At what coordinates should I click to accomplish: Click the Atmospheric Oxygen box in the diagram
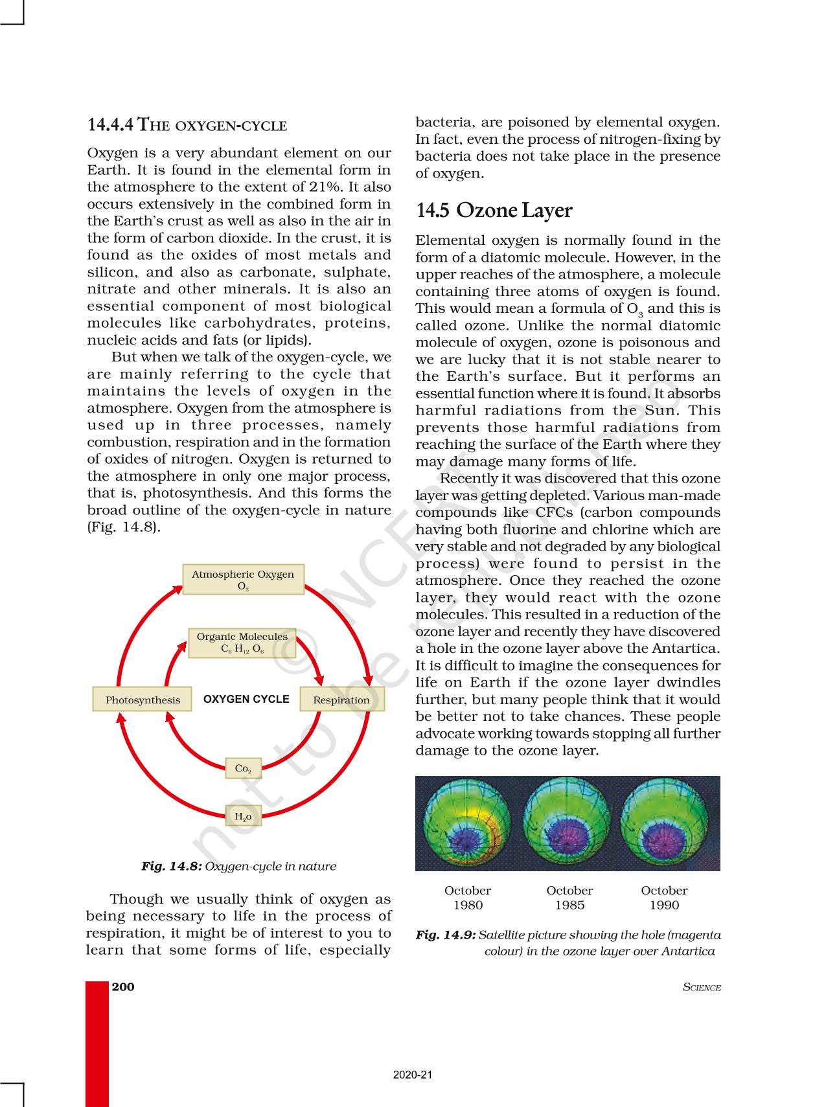click(243, 580)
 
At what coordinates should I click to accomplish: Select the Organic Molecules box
click(242, 643)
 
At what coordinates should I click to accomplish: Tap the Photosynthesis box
click(143, 700)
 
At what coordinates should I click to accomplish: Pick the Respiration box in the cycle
click(341, 700)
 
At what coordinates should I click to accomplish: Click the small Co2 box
click(243, 768)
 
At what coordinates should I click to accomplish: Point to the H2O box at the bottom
click(243, 817)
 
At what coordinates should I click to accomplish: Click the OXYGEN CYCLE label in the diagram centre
click(246, 699)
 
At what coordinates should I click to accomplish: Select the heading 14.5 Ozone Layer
click(494, 211)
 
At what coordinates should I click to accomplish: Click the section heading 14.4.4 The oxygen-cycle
click(187, 124)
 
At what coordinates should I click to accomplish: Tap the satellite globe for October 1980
click(466, 823)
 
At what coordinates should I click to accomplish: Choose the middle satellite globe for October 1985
click(567, 823)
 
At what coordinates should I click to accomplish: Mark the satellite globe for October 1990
click(665, 823)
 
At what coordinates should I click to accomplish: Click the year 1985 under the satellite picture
click(569, 905)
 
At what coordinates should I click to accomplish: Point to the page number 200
click(123, 987)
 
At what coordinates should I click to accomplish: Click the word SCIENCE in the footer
click(702, 987)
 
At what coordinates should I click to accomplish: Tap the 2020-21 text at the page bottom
click(413, 1075)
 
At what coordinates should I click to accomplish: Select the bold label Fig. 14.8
click(172, 866)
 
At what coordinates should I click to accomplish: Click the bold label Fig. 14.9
click(446, 935)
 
